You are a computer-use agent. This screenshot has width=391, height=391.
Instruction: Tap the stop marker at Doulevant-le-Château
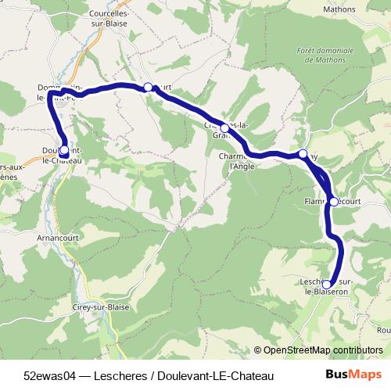(x=63, y=149)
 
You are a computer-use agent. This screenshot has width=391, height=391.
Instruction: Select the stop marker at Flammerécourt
(x=334, y=202)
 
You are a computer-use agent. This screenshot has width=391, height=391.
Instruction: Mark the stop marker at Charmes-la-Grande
(x=224, y=127)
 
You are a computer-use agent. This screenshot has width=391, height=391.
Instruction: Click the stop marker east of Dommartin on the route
(x=148, y=87)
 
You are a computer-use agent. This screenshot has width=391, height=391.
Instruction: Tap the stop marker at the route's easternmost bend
(x=303, y=154)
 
